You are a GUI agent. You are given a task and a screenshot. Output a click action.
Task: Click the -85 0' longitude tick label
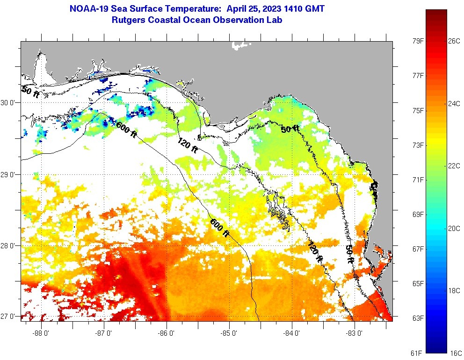point(229,334)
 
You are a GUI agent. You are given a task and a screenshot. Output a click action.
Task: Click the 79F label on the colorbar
point(418,41)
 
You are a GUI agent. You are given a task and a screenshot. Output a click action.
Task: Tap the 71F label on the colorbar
point(418,180)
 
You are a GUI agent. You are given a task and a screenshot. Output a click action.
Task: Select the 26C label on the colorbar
point(454,41)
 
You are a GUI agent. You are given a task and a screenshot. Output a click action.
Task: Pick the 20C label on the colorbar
point(454,228)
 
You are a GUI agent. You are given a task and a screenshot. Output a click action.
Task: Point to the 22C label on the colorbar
point(454,166)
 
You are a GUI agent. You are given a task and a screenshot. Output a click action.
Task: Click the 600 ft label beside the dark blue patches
point(126,130)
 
